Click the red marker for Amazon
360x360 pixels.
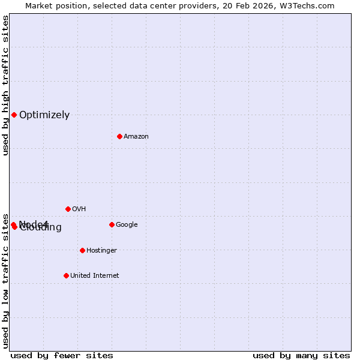(119, 136)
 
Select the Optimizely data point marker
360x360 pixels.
(14, 115)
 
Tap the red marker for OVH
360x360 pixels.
(68, 209)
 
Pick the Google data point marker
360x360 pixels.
(112, 224)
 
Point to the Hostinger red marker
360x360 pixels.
(82, 250)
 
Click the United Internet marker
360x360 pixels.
(66, 275)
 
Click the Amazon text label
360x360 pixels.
(136, 137)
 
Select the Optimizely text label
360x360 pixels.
(44, 115)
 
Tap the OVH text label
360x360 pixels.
(79, 209)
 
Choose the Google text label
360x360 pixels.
(127, 225)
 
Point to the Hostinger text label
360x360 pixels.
(101, 251)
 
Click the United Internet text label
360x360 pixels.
(94, 276)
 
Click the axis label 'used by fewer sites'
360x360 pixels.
(62, 355)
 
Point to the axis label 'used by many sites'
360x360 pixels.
(301, 355)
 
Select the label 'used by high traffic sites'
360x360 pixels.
(5, 86)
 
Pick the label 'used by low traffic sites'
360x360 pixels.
(5, 280)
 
